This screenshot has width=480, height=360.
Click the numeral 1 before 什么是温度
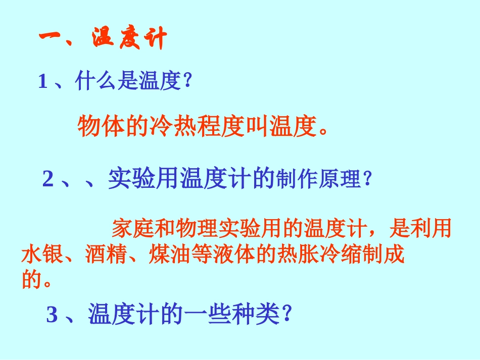tap(43, 82)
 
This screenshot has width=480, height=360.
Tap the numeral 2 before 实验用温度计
tap(48, 179)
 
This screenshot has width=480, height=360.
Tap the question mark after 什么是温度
tap(188, 82)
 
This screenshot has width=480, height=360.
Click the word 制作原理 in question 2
tap(318, 180)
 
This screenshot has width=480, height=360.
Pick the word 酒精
tap(107, 255)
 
